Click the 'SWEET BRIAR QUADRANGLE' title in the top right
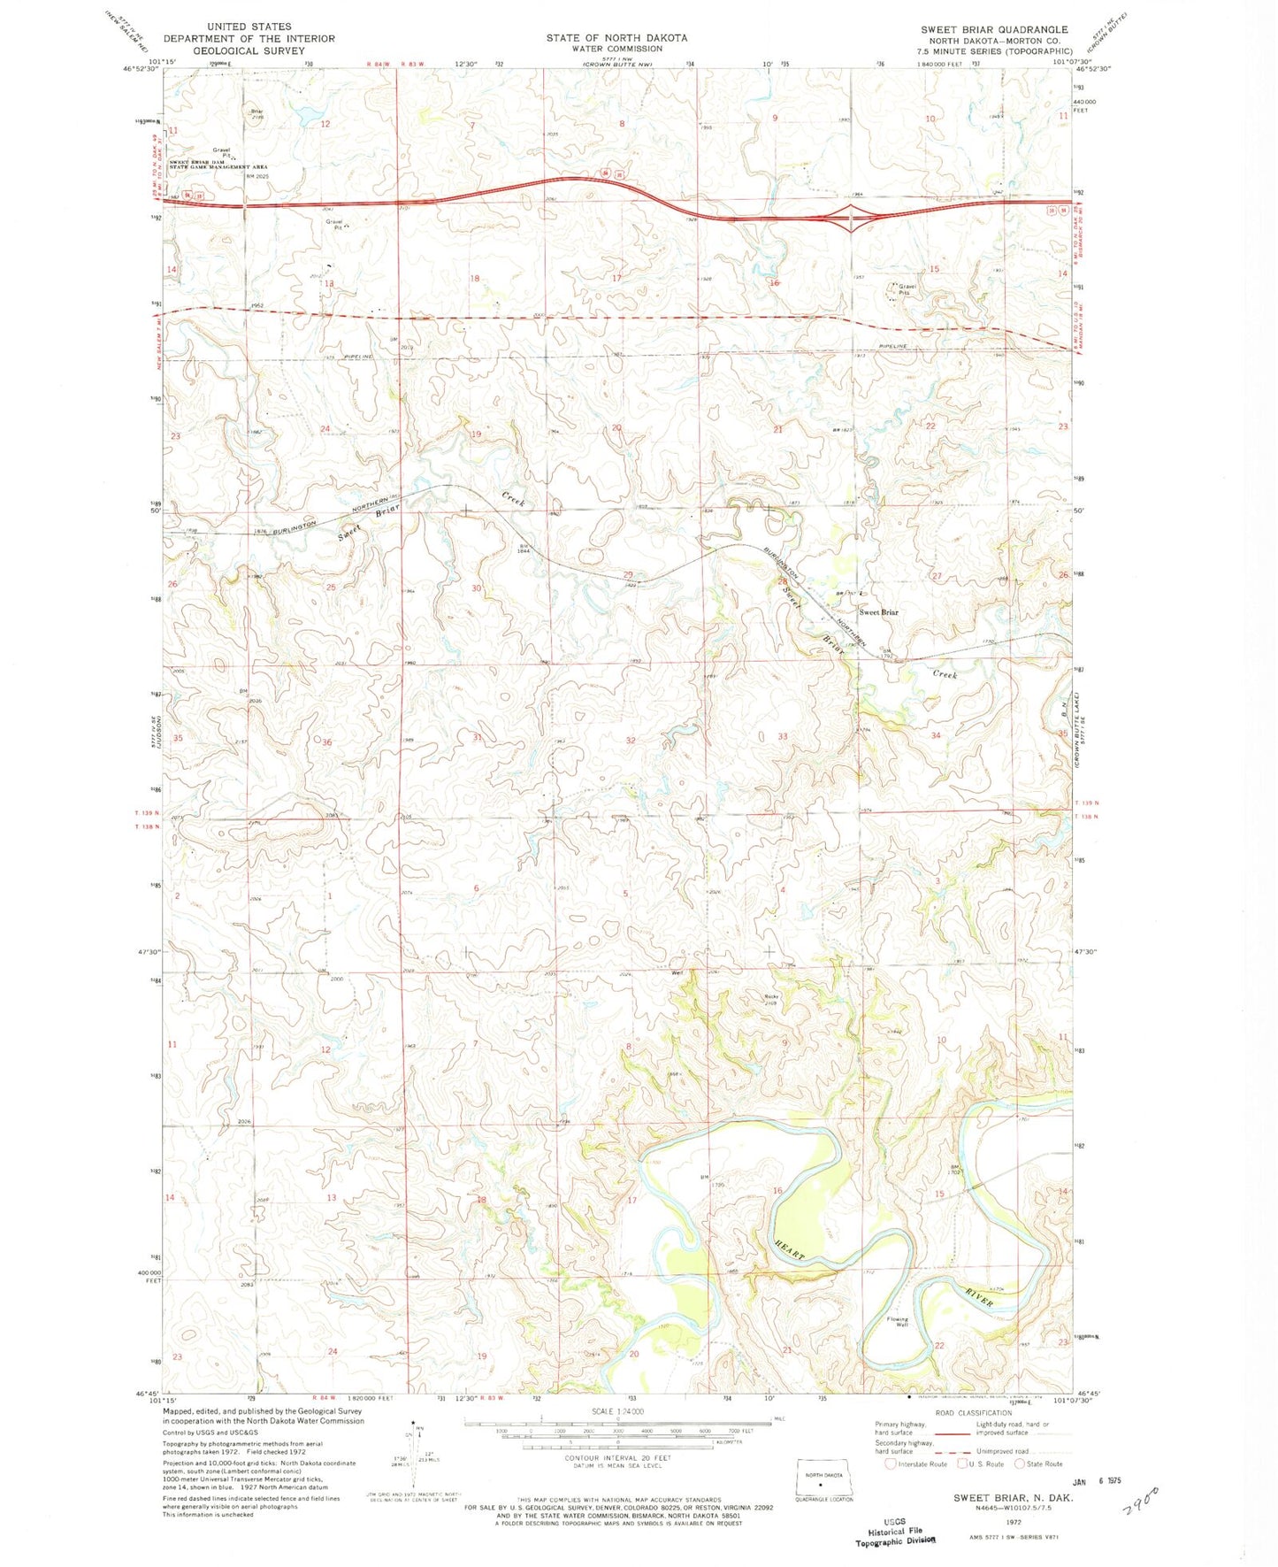(x=994, y=29)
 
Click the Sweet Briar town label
(x=878, y=612)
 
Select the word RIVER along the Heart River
(x=979, y=1298)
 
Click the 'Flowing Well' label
(x=897, y=1322)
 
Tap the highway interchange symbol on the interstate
(x=851, y=217)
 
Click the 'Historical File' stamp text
(x=895, y=1531)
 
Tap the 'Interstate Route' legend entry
(x=915, y=1463)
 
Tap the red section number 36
(x=326, y=742)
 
